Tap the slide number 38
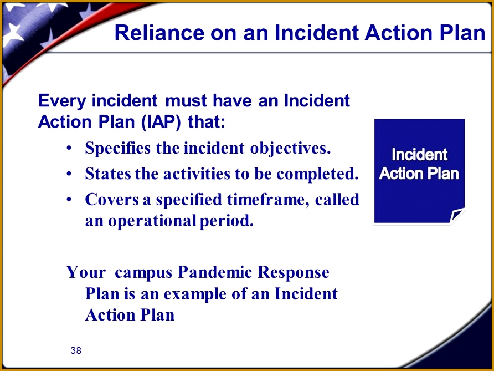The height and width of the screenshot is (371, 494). (76, 350)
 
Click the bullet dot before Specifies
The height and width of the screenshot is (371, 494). (68, 149)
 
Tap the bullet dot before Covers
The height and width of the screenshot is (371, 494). (68, 199)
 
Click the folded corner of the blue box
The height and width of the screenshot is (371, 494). (457, 216)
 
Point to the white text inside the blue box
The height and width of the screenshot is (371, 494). (419, 164)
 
